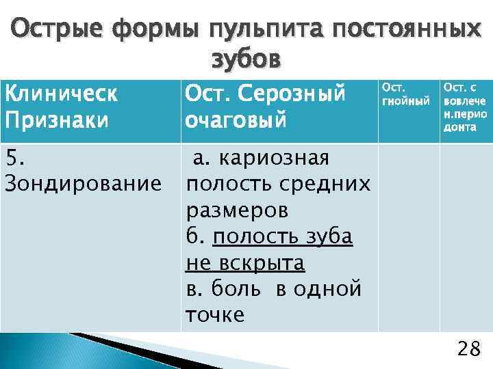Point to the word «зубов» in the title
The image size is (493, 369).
tap(246, 60)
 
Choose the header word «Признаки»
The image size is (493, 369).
tap(57, 120)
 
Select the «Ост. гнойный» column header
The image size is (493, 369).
tap(405, 95)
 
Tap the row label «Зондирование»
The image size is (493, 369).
tap(82, 184)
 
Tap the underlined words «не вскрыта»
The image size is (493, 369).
tap(244, 262)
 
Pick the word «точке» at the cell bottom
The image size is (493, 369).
tap(214, 314)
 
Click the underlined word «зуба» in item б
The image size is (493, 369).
tap(328, 236)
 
